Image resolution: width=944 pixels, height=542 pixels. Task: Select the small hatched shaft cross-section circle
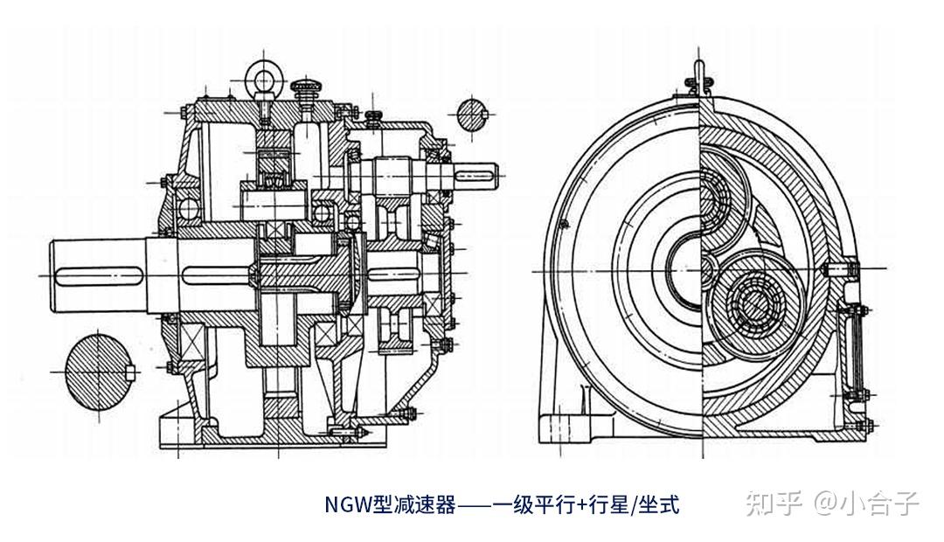(x=471, y=115)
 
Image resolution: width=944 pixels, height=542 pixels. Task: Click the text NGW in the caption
(x=349, y=504)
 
